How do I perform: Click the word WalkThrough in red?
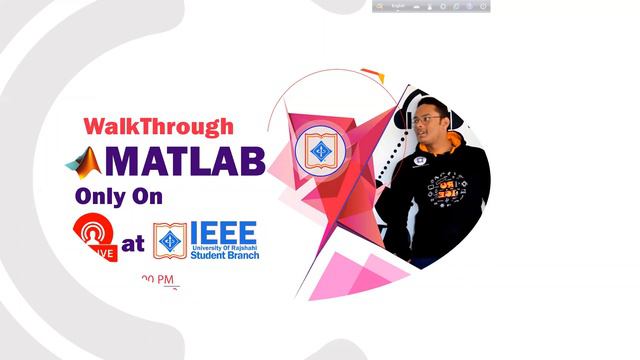pyautogui.click(x=158, y=127)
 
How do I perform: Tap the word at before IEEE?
pyautogui.click(x=132, y=243)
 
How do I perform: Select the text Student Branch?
pyautogui.click(x=225, y=256)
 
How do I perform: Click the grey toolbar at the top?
pyautogui.click(x=431, y=6)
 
